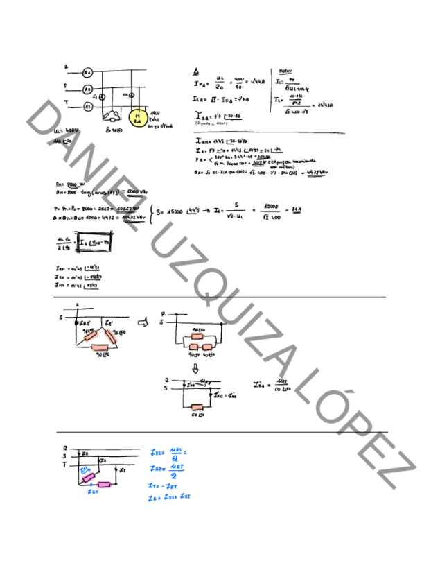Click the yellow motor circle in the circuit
click(138, 117)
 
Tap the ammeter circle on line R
click(87, 72)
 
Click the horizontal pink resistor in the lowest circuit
click(105, 485)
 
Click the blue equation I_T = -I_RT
click(164, 487)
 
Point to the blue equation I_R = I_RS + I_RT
click(170, 497)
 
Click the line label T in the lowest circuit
click(64, 466)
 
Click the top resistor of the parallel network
click(197, 329)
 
